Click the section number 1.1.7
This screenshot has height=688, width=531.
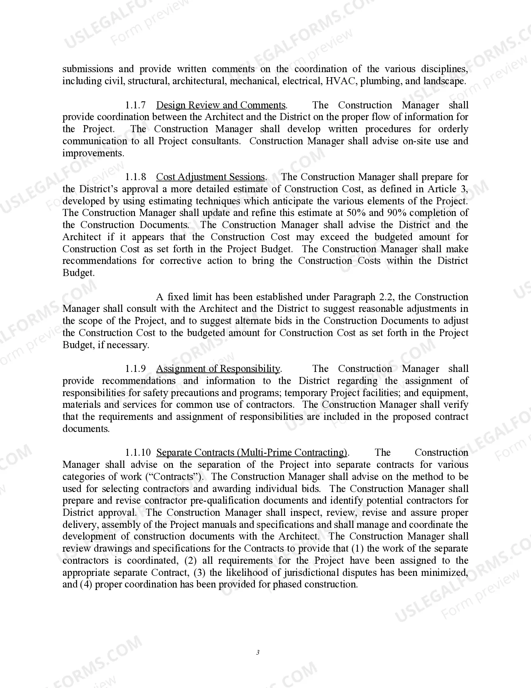[135, 105]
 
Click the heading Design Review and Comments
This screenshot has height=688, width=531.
[221, 105]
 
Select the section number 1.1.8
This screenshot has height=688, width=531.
[135, 177]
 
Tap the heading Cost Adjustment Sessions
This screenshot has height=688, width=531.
[210, 177]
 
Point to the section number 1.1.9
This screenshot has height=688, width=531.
[135, 369]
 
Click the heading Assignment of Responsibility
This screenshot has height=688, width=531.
[218, 369]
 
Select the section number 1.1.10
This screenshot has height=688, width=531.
[138, 453]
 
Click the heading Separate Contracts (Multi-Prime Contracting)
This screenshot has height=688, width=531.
[252, 453]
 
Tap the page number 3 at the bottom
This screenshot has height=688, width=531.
[258, 653]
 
